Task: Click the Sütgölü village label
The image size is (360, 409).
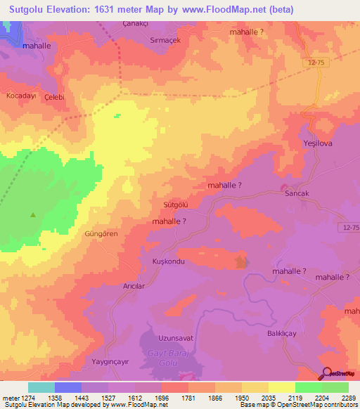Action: click(176, 204)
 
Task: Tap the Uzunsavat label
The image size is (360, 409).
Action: click(176, 338)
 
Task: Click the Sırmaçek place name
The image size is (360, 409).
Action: click(165, 40)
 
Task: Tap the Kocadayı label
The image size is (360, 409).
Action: click(20, 94)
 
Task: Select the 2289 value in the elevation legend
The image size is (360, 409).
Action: click(340, 398)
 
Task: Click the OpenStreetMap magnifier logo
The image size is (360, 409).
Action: click(326, 374)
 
